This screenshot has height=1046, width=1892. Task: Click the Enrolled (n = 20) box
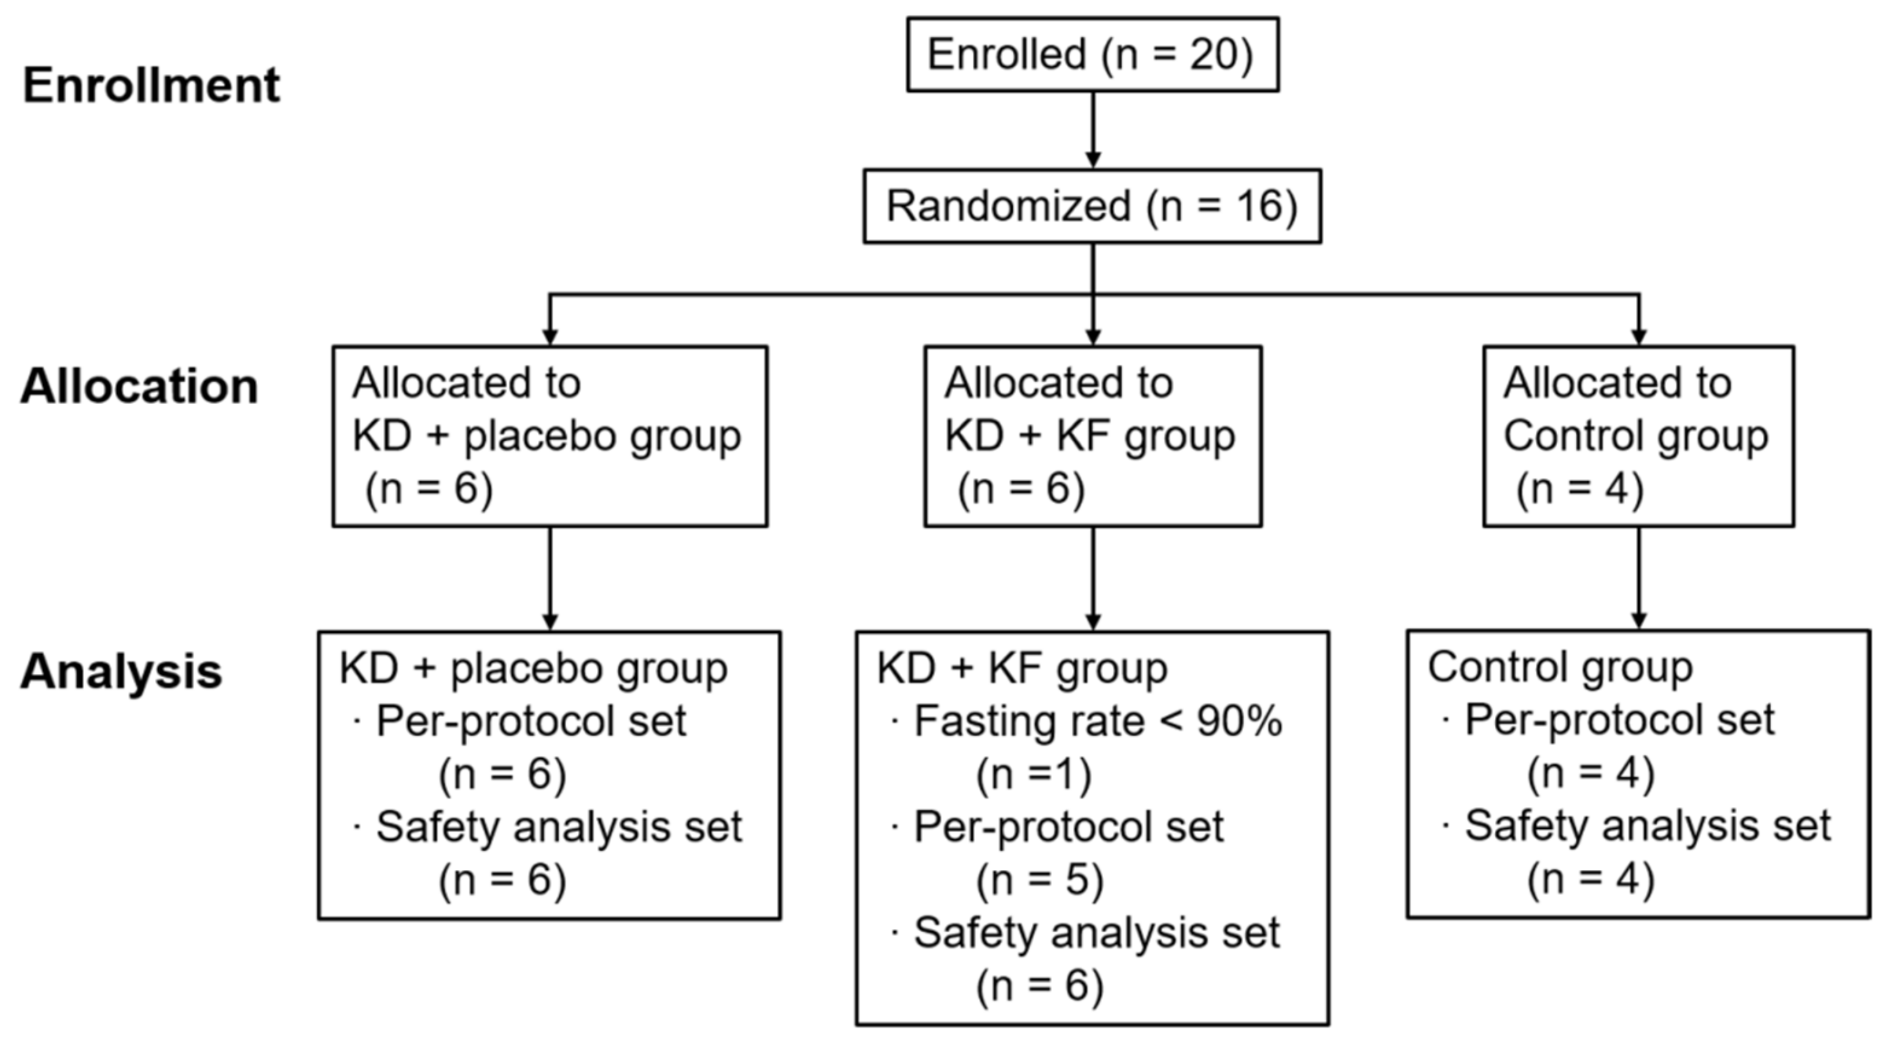tap(1091, 55)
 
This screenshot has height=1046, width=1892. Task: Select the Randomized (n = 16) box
tap(1091, 206)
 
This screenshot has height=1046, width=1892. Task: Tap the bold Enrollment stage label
tap(151, 86)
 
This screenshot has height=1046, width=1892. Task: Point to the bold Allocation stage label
tap(139, 387)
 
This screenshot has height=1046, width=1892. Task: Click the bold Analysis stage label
tap(121, 671)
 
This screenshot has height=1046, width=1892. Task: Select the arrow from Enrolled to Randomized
tap(1092, 129)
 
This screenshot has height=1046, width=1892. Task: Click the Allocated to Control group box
tap(1638, 436)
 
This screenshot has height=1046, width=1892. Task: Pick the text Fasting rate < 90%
tap(1097, 722)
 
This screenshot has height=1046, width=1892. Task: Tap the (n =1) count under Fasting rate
tap(1033, 774)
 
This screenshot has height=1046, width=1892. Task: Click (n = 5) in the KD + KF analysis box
tap(1039, 880)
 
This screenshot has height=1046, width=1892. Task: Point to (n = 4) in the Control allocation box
tap(1580, 489)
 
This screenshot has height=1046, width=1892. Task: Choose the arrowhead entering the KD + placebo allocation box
tap(550, 337)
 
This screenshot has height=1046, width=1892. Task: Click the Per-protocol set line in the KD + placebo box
tap(530, 722)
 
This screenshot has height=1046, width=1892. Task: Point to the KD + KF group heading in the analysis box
tap(1022, 668)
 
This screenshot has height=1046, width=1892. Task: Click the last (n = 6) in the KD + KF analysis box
tap(1039, 986)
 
